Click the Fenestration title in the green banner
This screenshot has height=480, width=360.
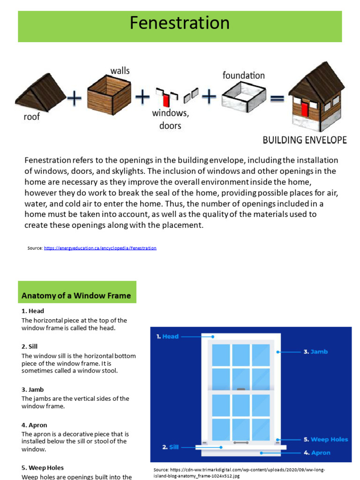click(x=180, y=23)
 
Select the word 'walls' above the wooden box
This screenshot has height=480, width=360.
click(x=120, y=71)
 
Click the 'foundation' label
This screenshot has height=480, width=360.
click(x=243, y=75)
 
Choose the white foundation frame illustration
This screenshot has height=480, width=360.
click(x=244, y=97)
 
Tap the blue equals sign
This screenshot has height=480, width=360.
click(x=278, y=98)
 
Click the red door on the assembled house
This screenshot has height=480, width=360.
click(x=305, y=109)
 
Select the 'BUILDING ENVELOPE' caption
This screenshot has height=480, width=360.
click(x=305, y=140)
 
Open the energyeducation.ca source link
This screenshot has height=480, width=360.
click(x=100, y=248)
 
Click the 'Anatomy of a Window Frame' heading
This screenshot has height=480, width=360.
click(x=76, y=296)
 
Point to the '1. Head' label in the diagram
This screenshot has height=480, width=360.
click(x=167, y=336)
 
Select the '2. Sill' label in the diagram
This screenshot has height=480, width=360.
click(x=171, y=447)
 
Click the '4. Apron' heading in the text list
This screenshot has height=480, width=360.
click(x=35, y=425)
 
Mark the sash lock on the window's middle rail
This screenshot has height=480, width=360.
click(x=241, y=390)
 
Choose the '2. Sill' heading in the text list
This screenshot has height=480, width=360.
click(x=30, y=346)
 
